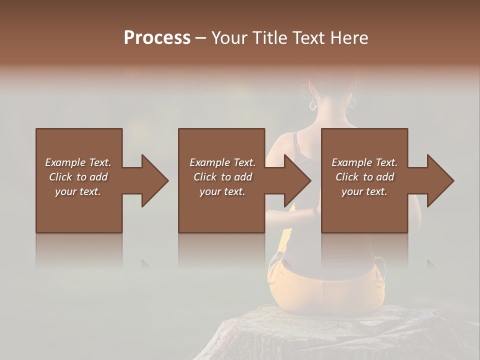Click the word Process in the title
click(157, 38)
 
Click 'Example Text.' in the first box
click(78, 162)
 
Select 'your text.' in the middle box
click(222, 191)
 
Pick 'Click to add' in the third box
click(364, 177)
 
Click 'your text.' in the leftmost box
click(78, 191)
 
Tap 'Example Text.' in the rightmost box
click(364, 162)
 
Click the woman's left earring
click(313, 105)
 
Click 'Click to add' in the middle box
click(222, 177)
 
